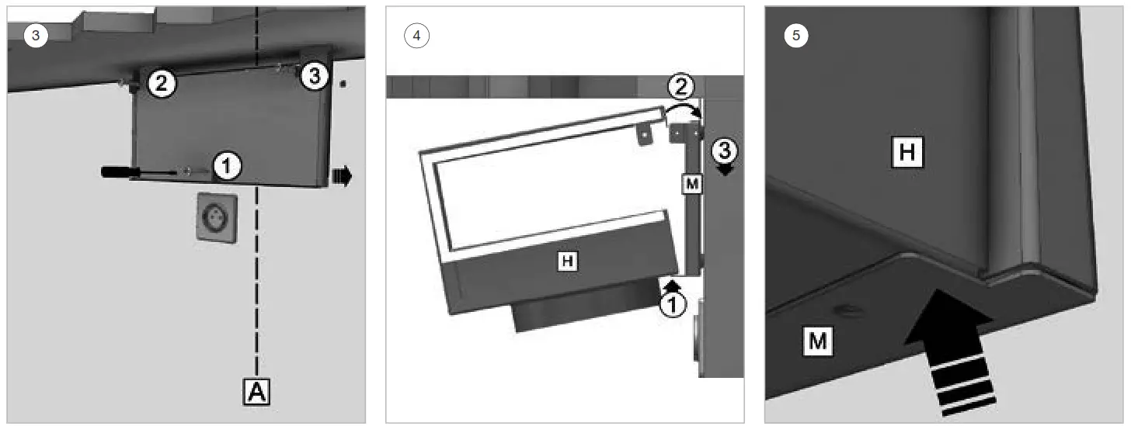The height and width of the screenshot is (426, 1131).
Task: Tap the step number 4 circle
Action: (x=417, y=35)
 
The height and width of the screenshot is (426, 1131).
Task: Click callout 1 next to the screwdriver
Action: (x=225, y=165)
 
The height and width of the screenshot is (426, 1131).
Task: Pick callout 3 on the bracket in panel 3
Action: (x=313, y=75)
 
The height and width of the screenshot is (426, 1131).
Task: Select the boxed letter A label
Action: (x=256, y=393)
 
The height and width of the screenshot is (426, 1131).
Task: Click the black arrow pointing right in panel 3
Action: (x=341, y=177)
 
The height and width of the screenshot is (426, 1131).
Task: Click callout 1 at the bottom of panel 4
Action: (x=673, y=306)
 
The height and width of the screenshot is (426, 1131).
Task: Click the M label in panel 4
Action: (x=691, y=184)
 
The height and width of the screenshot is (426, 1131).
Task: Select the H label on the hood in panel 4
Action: (x=569, y=262)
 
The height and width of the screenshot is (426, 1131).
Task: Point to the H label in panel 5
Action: (x=907, y=152)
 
